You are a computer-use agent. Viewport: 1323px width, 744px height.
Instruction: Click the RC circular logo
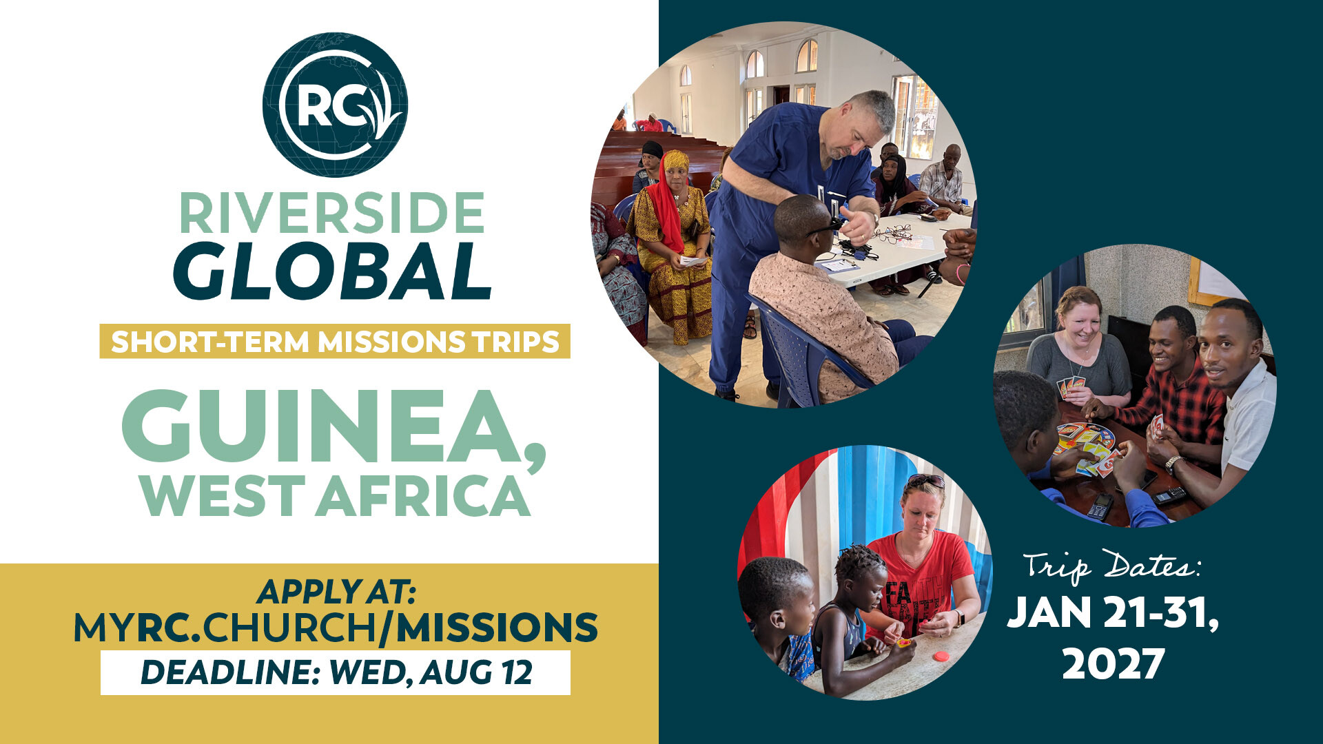click(335, 105)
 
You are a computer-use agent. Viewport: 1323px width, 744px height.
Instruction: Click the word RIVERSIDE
click(332, 214)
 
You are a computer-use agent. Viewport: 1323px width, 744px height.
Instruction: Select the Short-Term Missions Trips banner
click(335, 341)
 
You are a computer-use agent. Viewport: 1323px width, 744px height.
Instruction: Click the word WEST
click(223, 495)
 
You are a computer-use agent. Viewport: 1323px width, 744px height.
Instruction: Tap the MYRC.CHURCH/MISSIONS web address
click(336, 628)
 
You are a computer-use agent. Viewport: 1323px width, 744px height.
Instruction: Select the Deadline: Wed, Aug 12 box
click(336, 672)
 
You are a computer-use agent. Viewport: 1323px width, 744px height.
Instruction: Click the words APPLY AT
click(336, 592)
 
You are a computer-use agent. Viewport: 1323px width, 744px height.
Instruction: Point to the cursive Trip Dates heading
click(1112, 566)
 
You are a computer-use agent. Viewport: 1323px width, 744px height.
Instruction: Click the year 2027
click(1113, 664)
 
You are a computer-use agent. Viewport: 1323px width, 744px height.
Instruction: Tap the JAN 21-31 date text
click(1113, 612)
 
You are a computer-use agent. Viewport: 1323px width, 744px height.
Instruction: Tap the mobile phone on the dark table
click(1100, 506)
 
